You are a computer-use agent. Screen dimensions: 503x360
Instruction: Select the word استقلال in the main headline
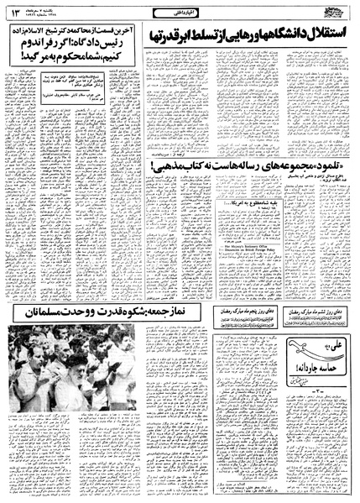pos(322,35)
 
